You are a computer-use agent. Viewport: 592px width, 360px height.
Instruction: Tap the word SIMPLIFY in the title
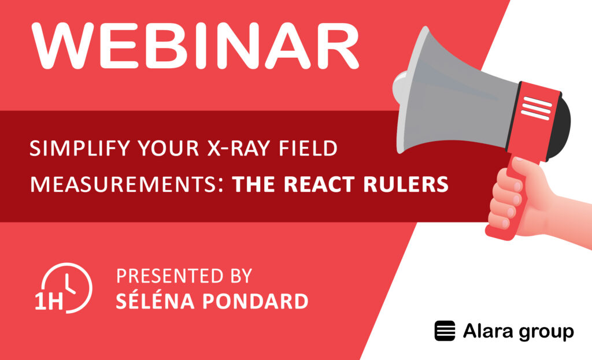click(x=70, y=150)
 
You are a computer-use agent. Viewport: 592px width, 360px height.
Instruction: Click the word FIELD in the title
click(x=309, y=150)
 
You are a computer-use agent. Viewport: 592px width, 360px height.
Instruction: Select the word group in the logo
click(x=543, y=332)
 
